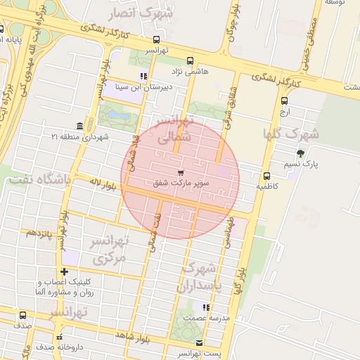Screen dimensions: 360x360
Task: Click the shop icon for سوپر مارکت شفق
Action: (x=181, y=172)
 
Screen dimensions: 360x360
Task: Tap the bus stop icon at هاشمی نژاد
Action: (x=189, y=60)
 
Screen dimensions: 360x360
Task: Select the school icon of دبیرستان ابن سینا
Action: (x=143, y=76)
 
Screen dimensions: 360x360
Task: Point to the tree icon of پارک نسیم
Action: (x=301, y=153)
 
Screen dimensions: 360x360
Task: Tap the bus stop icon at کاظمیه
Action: (x=266, y=176)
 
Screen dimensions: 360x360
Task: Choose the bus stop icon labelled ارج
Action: (x=284, y=101)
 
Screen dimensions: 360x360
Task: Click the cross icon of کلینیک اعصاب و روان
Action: (x=65, y=271)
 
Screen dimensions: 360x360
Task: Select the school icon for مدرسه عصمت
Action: (x=205, y=307)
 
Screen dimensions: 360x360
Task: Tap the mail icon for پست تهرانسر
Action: (x=199, y=342)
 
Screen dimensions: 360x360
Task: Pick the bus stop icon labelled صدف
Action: (x=23, y=316)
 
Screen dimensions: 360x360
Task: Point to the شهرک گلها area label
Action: (x=291, y=133)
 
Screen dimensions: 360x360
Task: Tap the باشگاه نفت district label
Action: (x=39, y=179)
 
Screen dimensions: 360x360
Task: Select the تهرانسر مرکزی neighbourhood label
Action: (x=108, y=250)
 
